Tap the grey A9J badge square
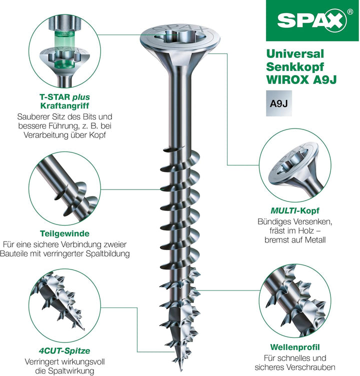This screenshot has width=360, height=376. (x=279, y=103)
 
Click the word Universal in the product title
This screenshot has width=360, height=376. (x=295, y=53)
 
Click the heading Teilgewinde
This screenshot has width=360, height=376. (x=65, y=233)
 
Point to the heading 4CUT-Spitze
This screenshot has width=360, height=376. (x=64, y=351)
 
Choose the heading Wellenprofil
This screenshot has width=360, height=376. (x=295, y=347)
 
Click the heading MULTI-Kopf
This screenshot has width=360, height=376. (x=295, y=210)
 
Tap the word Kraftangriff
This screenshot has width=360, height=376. (x=65, y=106)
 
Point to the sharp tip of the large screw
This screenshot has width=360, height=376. (x=180, y=370)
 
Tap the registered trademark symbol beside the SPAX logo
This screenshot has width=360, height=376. (x=350, y=11)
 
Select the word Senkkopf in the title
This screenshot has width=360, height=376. (x=295, y=67)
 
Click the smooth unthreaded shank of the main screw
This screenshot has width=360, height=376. (x=180, y=108)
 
